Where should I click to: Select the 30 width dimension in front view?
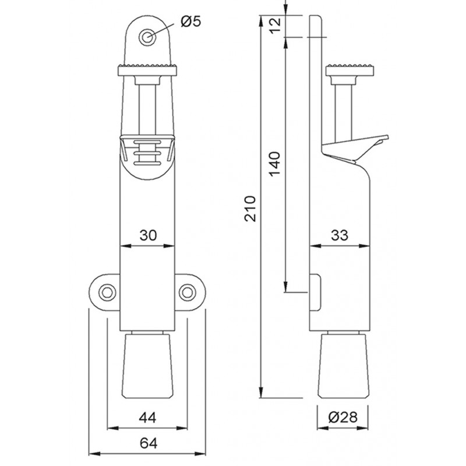[x=148, y=235]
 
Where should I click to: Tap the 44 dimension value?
[x=148, y=418]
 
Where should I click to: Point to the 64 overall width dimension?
[x=148, y=443]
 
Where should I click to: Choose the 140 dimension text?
[x=274, y=165]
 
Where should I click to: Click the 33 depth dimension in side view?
[x=339, y=235]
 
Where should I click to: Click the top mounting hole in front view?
[x=146, y=36]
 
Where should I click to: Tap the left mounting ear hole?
[x=107, y=292]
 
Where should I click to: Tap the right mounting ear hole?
[x=188, y=292]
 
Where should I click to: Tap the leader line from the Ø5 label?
[x=165, y=27]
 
